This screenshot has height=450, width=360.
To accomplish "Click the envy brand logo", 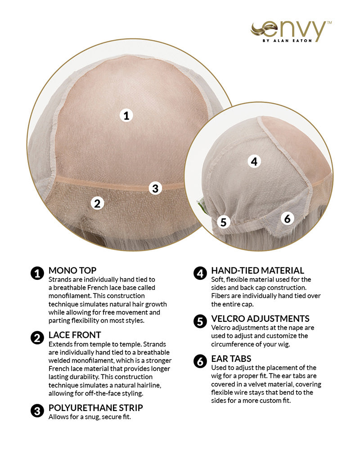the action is [291, 31].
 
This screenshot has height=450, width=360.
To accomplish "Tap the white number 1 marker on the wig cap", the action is [126, 116].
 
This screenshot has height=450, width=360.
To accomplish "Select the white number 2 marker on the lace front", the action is [97, 203].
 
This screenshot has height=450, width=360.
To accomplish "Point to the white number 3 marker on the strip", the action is [155, 188].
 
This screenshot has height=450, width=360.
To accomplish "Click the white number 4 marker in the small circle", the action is [254, 162].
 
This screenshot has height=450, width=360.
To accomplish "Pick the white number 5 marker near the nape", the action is [223, 222].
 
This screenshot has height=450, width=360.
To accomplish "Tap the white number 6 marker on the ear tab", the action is [287, 219].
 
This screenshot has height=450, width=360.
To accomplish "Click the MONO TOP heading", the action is [72, 270].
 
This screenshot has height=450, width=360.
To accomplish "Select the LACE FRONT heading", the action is [75, 335].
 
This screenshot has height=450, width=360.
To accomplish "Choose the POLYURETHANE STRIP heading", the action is [95, 408].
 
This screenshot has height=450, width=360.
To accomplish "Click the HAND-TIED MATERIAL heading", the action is [257, 270].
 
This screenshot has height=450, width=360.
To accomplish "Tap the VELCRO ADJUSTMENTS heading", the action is [261, 319].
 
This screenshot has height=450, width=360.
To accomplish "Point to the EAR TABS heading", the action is [231, 359].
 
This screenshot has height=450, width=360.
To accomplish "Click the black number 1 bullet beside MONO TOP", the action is [37, 274].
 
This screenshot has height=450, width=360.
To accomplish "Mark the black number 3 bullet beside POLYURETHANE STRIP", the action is [37, 411].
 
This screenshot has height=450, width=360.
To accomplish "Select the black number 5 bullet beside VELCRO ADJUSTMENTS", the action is [200, 322].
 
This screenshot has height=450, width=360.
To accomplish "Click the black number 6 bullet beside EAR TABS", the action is [200, 362].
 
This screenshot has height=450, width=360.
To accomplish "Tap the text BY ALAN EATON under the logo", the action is [287, 41].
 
